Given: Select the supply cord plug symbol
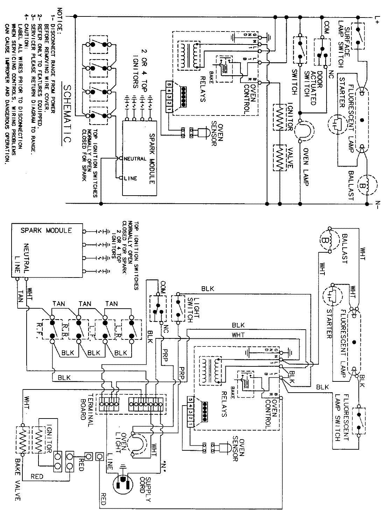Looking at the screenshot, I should coord(123,484).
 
